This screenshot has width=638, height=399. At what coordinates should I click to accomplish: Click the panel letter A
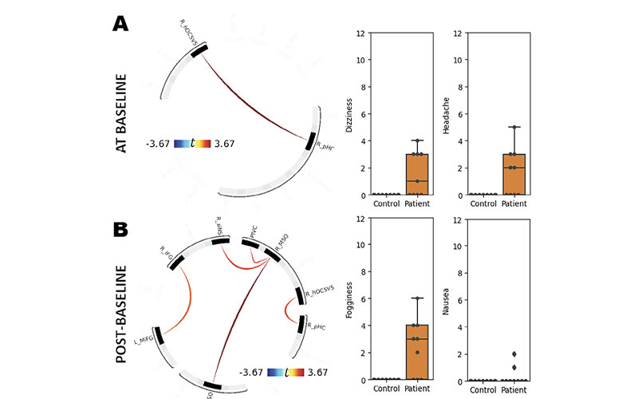(120, 24)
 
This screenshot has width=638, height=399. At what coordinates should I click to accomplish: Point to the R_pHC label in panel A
(325, 146)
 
